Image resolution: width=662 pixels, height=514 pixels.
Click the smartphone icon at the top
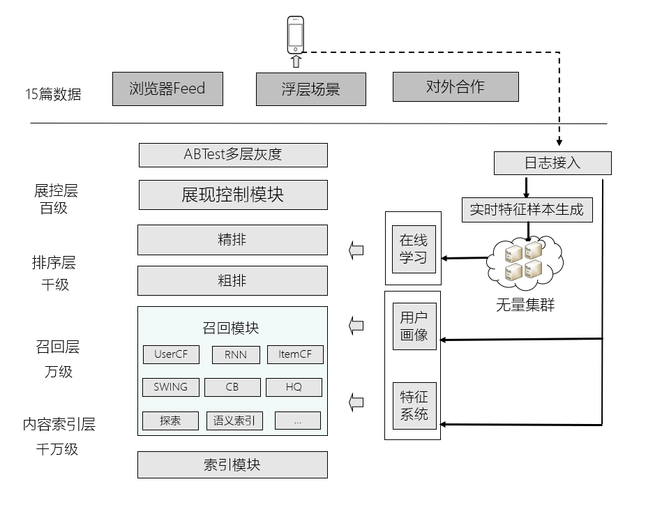[296, 35]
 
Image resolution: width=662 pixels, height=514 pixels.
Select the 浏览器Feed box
[167, 89]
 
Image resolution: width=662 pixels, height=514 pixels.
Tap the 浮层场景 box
[310, 89]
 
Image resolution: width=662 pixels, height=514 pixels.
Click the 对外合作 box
[456, 86]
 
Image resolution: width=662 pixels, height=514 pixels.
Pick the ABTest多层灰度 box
[233, 155]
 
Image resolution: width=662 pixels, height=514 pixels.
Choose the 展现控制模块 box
[233, 195]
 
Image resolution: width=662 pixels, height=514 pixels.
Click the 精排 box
[232, 240]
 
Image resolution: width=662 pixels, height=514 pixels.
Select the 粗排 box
[232, 280]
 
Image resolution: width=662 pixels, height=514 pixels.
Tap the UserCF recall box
[171, 354]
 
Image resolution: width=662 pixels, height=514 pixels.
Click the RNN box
[236, 354]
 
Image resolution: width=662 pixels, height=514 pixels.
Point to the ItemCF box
[295, 354]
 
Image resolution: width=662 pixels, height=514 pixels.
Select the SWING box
[171, 387]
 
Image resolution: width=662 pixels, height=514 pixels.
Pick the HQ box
[294, 387]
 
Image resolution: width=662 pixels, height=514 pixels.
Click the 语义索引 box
[234, 421]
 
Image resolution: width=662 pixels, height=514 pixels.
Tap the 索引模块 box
[232, 464]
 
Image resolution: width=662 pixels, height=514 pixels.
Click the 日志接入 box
[552, 163]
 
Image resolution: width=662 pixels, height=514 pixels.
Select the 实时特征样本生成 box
[527, 210]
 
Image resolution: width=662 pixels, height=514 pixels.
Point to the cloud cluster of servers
[525, 262]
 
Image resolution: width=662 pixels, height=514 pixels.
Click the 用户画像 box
[414, 326]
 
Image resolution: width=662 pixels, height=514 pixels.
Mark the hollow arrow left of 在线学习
[356, 250]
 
